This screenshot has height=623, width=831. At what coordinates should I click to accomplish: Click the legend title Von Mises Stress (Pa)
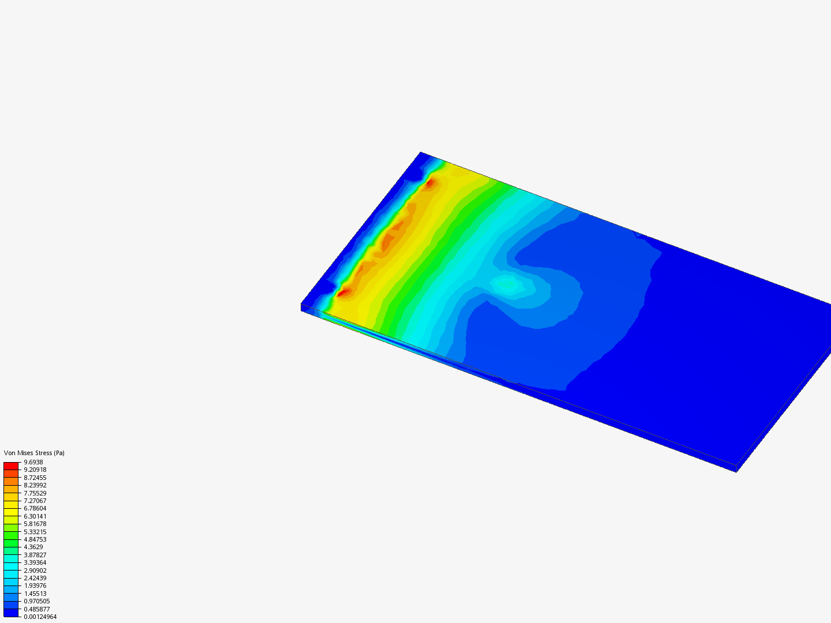tap(34, 453)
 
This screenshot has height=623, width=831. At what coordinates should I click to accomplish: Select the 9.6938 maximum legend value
tap(33, 462)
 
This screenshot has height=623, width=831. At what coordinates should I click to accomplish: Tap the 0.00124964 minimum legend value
tap(40, 617)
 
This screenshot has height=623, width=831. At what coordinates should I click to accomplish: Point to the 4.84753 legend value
tap(35, 539)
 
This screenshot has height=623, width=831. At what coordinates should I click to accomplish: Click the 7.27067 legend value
tap(35, 501)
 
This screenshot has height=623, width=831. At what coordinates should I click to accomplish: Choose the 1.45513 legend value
tap(35, 594)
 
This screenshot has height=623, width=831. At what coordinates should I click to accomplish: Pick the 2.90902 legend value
tap(35, 571)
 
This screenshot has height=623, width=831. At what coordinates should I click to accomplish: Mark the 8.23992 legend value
tap(35, 485)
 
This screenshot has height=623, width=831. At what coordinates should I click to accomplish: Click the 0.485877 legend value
tap(37, 609)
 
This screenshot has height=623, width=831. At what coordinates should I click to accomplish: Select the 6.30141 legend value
tap(35, 516)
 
